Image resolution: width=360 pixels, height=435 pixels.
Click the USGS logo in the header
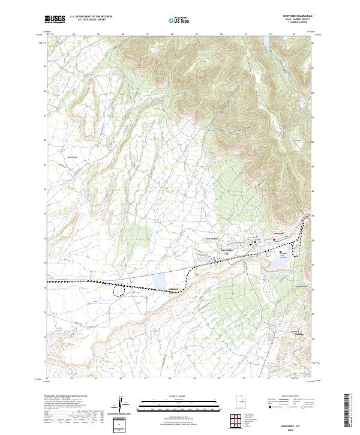tap(55, 19)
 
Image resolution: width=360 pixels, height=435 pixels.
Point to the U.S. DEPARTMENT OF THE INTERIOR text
tap(91, 17)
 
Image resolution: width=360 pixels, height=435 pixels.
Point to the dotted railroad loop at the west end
tap(121, 290)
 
